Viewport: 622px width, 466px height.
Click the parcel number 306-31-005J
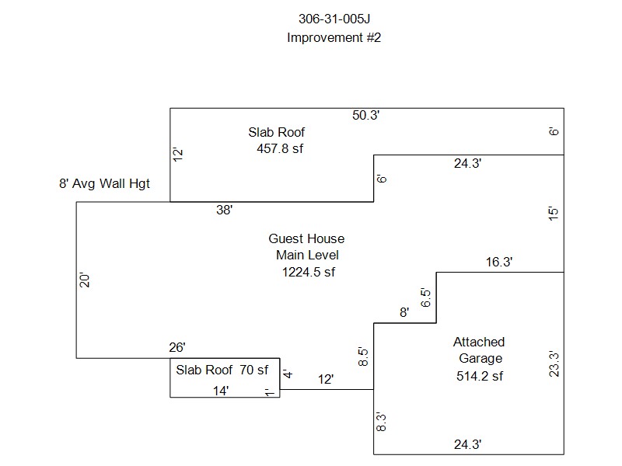334,19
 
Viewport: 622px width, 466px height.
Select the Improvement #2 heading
334,37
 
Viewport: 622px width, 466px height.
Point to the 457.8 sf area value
280,148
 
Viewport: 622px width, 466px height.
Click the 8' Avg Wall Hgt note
104,184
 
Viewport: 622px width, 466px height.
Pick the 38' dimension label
225,209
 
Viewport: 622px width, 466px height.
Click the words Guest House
306,238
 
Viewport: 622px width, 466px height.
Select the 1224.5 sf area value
308,271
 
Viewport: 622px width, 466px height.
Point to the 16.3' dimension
499,263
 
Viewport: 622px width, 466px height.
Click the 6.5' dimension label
426,299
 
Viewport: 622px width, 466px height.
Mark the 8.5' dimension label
363,356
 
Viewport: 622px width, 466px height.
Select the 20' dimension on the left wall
86,280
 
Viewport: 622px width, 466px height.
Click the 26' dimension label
177,347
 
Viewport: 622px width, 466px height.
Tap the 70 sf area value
253,370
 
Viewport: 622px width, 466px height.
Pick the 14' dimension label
221,391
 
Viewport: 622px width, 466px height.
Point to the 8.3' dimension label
381,423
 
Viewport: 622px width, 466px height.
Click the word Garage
480,358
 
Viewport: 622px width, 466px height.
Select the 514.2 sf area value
480,376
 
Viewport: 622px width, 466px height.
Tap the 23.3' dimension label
554,363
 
